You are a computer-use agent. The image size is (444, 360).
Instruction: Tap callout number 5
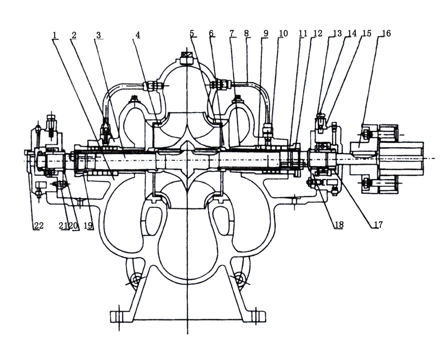192,33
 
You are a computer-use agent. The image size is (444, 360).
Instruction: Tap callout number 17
378,225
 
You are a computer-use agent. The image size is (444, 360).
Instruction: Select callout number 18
338,225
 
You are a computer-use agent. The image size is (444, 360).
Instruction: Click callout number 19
88,226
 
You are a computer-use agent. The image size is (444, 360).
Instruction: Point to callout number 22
38,226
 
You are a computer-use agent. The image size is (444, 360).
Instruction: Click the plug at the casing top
187,57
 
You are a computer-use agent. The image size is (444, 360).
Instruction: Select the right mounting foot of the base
258,316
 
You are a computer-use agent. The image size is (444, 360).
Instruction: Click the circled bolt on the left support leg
133,280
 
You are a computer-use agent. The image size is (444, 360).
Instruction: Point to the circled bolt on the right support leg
240,280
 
